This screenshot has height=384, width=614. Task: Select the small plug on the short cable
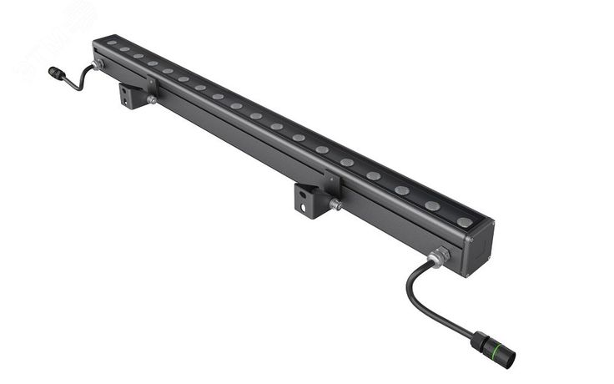pyautogui.click(x=56, y=73)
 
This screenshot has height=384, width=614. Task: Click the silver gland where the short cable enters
pyautogui.click(x=98, y=64)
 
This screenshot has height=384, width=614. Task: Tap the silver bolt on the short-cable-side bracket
pyautogui.click(x=151, y=100)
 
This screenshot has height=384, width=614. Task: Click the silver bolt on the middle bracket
pyautogui.click(x=335, y=204)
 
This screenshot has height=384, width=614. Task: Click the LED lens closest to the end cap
pyautogui.click(x=464, y=222)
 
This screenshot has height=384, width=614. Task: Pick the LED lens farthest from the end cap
pyautogui.click(x=111, y=43)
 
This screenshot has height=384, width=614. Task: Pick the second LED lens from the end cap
pyautogui.click(x=432, y=205)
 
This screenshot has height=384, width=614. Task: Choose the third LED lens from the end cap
pyautogui.click(x=402, y=190)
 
